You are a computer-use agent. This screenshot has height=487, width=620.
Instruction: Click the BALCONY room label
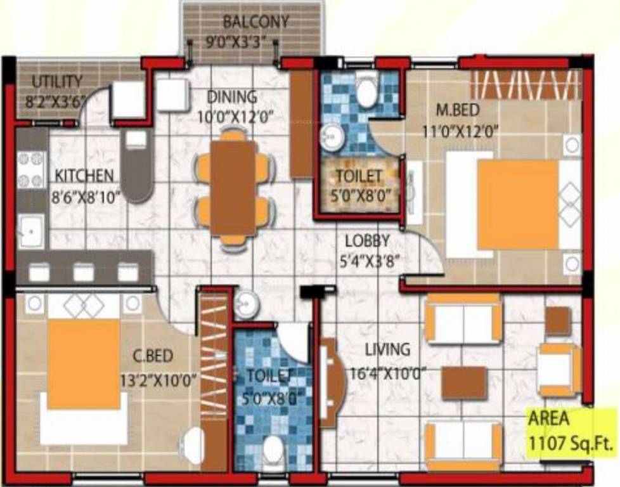[x=255, y=22]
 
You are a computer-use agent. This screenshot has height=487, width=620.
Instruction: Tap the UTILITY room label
[x=56, y=82]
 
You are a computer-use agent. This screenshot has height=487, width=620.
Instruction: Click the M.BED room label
[x=457, y=110]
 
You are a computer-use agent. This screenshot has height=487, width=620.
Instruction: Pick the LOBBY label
[x=367, y=241]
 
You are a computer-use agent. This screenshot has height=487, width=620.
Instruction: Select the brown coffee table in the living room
[x=464, y=383]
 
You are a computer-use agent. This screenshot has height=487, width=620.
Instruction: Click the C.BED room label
[x=153, y=356]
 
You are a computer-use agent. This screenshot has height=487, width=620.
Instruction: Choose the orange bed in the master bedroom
[x=517, y=205]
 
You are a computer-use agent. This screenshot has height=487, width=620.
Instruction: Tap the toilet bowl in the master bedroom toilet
[x=366, y=93]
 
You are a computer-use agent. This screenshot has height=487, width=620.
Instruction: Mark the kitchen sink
[x=30, y=231]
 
